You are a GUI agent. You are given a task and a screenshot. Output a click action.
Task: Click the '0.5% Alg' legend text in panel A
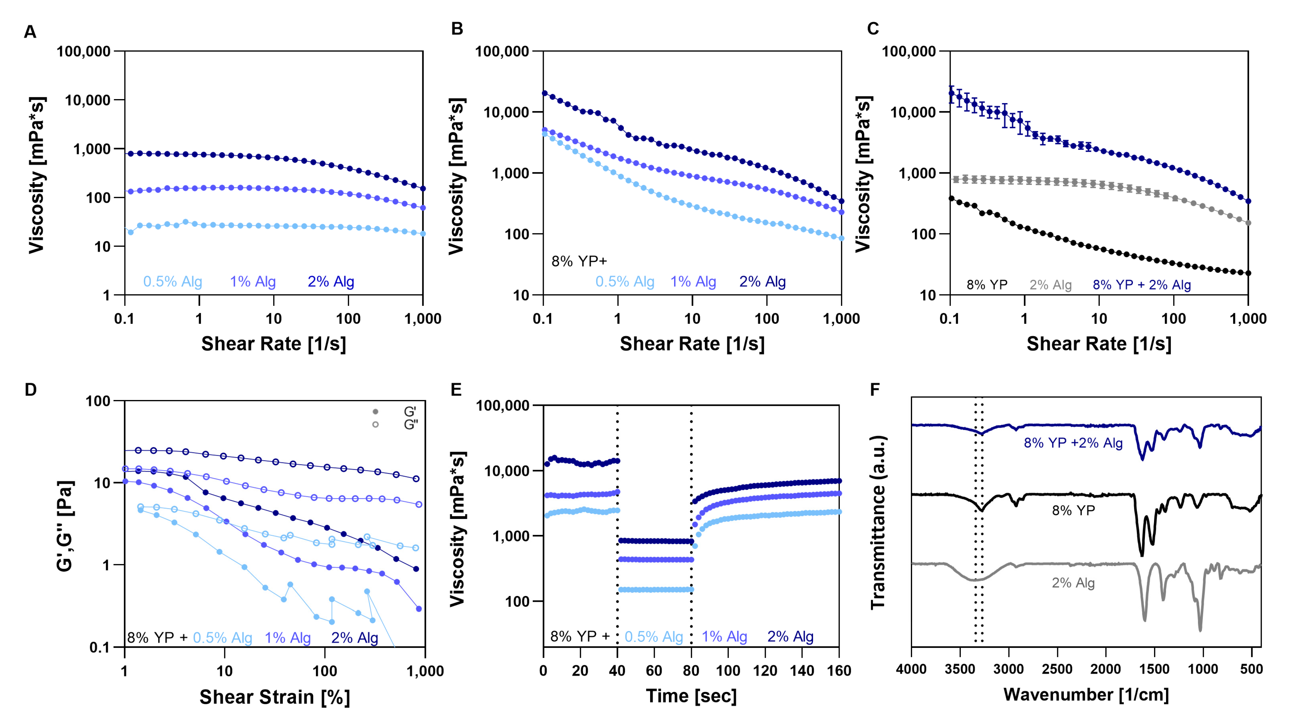(x=173, y=282)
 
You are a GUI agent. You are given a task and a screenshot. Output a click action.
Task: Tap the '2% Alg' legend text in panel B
(x=762, y=282)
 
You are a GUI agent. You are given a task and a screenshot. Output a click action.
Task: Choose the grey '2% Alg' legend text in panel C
(x=1051, y=285)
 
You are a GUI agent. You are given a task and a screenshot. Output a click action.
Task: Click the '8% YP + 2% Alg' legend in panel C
(x=1142, y=285)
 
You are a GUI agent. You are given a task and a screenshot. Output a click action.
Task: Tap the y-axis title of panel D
(x=65, y=526)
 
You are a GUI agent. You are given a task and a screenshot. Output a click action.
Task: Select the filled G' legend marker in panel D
(x=375, y=412)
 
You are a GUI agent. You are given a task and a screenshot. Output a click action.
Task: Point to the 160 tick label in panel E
(x=839, y=671)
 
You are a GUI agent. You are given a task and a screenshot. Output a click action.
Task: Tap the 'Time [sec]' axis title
(x=691, y=696)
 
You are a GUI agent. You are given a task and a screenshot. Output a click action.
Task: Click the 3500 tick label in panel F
(x=960, y=669)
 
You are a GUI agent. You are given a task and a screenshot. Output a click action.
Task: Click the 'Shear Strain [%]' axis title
(x=274, y=697)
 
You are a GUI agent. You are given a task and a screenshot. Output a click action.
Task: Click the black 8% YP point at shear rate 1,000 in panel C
(x=1248, y=273)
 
